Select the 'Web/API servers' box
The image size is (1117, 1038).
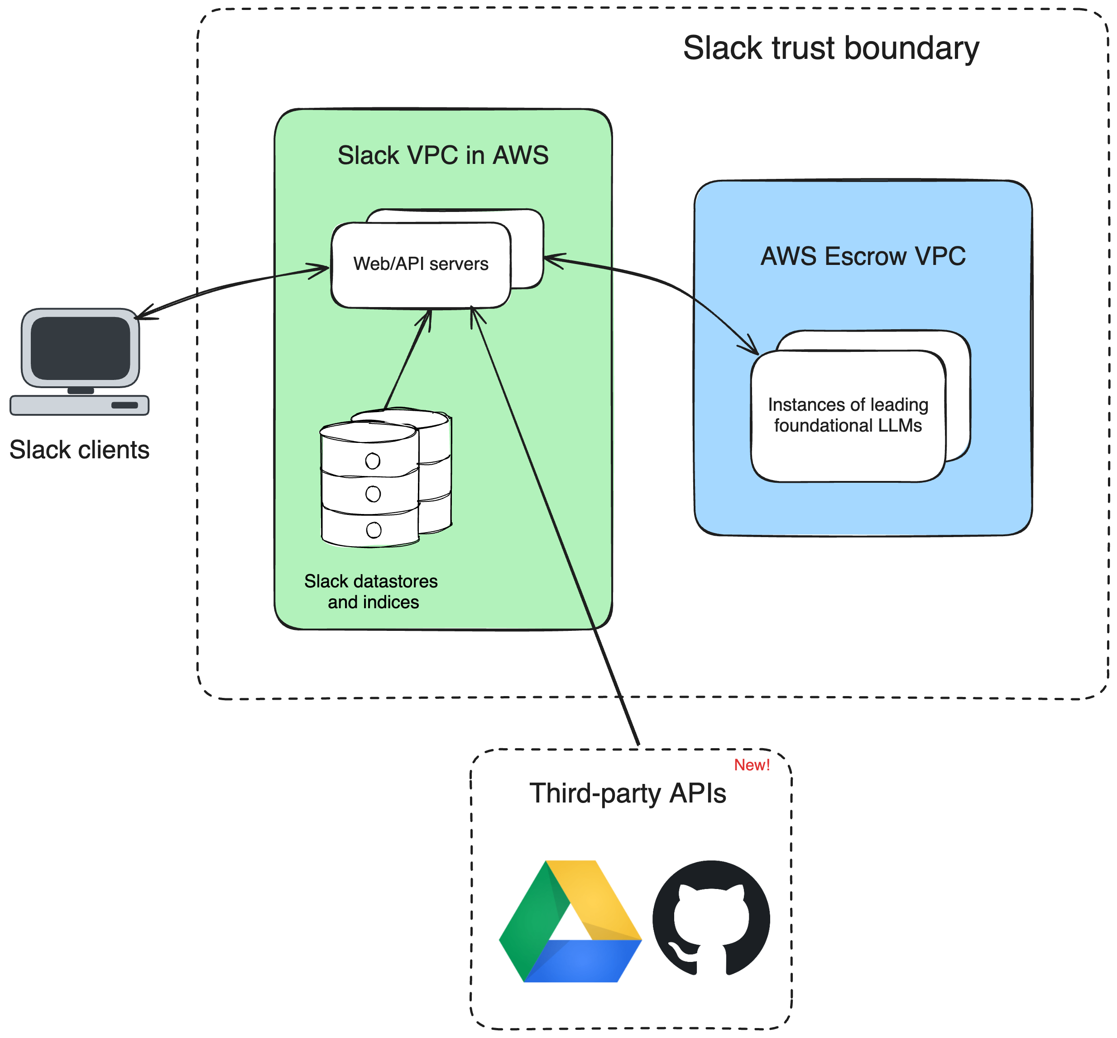point(421,264)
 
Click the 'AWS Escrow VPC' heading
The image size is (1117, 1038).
point(863,256)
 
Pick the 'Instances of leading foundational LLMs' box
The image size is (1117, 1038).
point(848,415)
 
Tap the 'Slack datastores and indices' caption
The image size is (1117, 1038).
point(371,591)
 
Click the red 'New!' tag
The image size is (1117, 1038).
point(752,765)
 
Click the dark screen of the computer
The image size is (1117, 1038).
point(80,348)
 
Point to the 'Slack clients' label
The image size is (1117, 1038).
point(79,450)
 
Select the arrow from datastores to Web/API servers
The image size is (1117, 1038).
point(407,360)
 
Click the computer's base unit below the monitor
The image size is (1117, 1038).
point(79,405)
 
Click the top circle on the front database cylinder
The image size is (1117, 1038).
point(372,461)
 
